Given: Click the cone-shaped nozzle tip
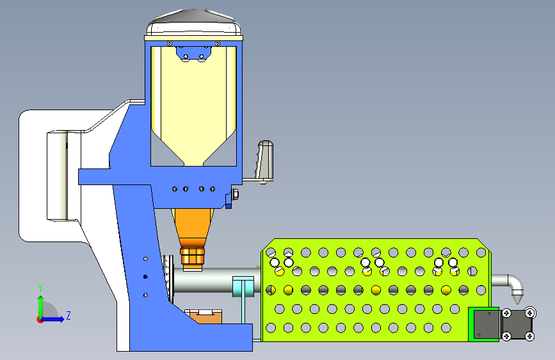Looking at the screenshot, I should coord(517,297).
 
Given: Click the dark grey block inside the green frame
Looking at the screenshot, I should coord(486,324).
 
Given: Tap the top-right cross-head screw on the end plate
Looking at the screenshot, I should coord(530,313).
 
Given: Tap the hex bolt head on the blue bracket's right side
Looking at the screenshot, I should coord(236,194).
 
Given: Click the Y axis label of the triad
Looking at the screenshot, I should coord(40,288).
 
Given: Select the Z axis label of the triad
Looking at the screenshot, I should coord(68,316).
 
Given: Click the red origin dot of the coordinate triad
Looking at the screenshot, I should coord(40,319).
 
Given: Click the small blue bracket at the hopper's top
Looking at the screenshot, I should coord(194,54).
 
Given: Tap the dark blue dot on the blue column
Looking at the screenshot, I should coord(145,276).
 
